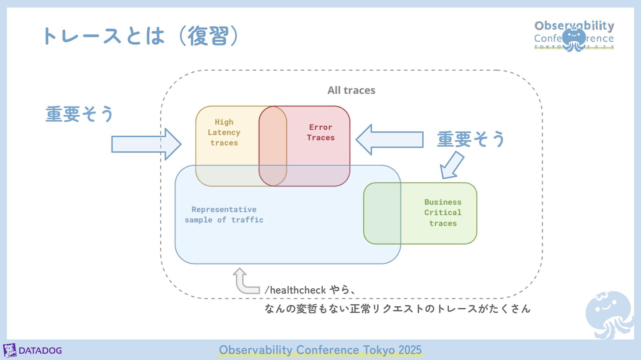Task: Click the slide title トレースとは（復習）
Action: point(140,36)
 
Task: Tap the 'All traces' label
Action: point(351,90)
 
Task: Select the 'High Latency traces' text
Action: point(224,132)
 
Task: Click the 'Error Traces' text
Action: point(320,132)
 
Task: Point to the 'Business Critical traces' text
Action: point(443,213)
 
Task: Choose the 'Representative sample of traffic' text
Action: point(224,215)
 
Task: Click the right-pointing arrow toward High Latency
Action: point(146,144)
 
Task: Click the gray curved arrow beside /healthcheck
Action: point(245,282)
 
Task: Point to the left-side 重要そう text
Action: point(79,114)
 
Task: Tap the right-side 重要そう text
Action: point(471,139)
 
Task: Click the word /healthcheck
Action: point(295,290)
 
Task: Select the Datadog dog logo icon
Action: point(10,350)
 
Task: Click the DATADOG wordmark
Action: point(40,351)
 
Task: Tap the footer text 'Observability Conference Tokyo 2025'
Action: point(320,350)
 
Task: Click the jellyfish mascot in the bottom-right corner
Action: point(609,313)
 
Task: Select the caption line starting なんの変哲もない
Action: point(397,309)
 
